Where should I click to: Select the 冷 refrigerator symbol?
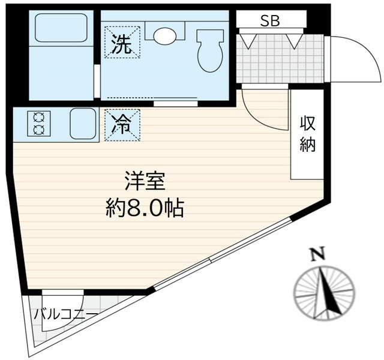pos(123,125)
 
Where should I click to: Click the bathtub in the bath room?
pos(60,28)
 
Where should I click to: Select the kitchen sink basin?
pos(83,124)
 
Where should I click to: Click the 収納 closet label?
pos(307,134)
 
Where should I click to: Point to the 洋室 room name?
pos(145,182)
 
